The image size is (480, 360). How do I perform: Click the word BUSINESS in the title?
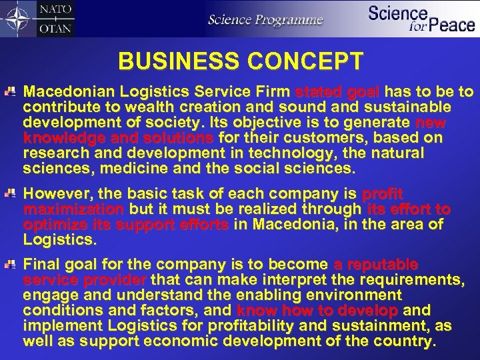[x=175, y=61]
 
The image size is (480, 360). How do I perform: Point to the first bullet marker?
[x=12, y=92]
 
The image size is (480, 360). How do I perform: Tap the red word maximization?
[x=73, y=209]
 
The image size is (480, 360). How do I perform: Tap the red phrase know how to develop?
[x=317, y=311]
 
